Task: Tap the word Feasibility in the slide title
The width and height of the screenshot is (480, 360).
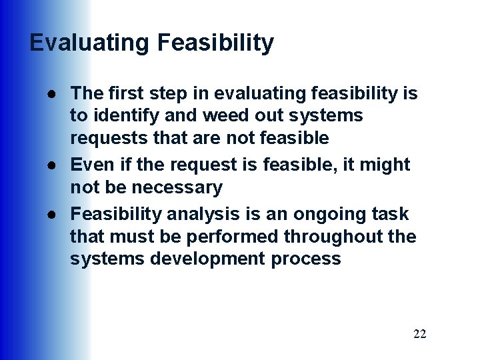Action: [215, 43]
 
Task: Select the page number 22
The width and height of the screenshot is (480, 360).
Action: [419, 334]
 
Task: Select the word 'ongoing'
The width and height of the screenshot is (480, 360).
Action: [321, 214]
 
